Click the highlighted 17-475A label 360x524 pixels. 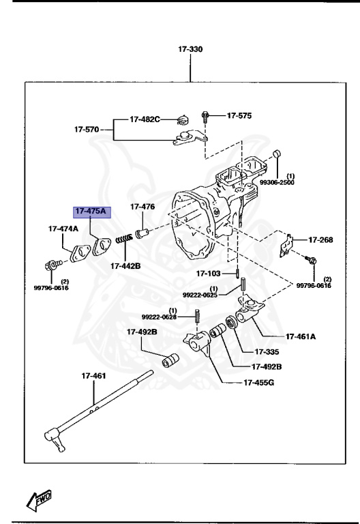[x=91, y=212]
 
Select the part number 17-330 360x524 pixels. [x=190, y=50]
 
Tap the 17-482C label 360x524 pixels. [x=145, y=119]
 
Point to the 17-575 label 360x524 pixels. [x=239, y=116]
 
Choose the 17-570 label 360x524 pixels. [x=87, y=128]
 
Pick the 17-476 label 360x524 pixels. [x=142, y=207]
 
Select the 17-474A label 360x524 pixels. [x=63, y=229]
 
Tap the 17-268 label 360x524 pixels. [x=320, y=239]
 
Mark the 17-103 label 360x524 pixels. [x=209, y=274]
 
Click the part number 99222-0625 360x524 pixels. [x=199, y=295]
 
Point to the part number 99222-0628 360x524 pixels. [x=159, y=317]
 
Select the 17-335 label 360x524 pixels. [x=268, y=352]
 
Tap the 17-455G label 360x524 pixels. [x=258, y=382]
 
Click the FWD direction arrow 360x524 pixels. [x=41, y=500]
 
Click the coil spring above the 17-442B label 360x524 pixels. [x=124, y=240]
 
